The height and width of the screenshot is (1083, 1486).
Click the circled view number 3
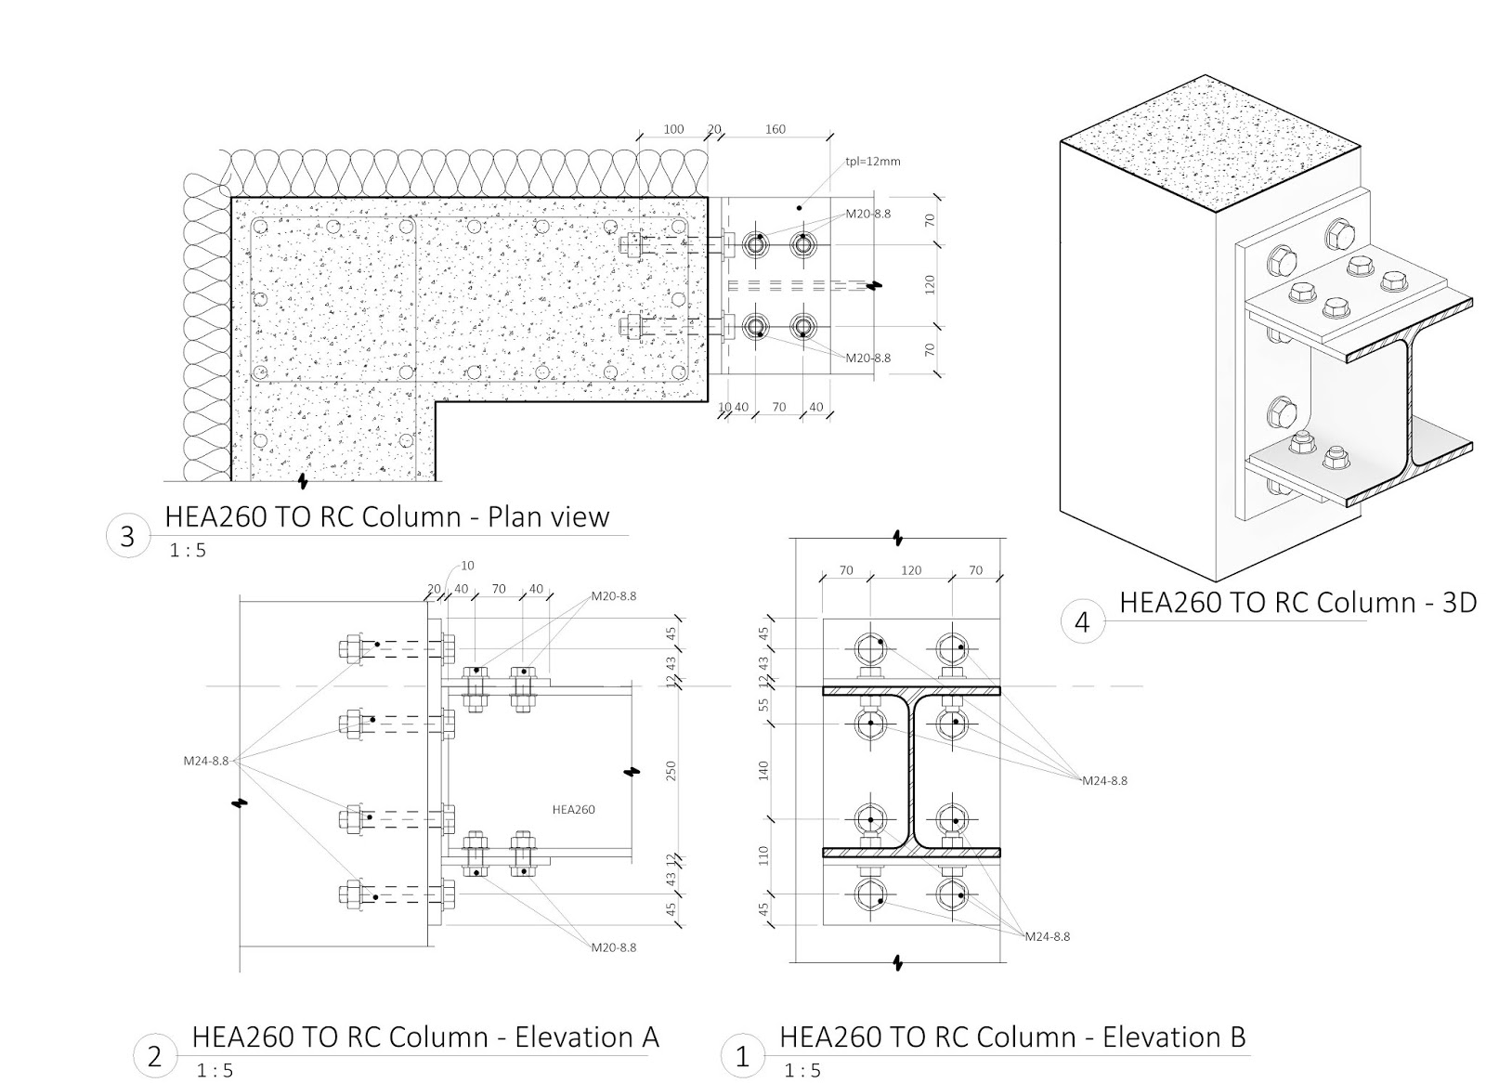(x=128, y=537)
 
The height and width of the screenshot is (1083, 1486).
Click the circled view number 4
(x=1082, y=621)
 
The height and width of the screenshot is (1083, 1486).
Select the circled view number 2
(x=155, y=1056)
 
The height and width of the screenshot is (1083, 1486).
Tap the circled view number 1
(x=742, y=1056)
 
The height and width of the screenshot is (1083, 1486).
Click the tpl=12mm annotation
(x=872, y=162)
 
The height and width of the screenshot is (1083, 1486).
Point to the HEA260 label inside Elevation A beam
(x=573, y=810)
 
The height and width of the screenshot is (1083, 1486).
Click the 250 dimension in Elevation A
(x=671, y=771)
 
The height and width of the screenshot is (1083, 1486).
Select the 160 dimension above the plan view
(x=776, y=130)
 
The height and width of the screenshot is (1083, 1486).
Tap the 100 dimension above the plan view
(x=673, y=130)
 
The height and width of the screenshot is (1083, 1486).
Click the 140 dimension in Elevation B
(x=764, y=770)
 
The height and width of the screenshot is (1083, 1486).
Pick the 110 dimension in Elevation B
(x=764, y=855)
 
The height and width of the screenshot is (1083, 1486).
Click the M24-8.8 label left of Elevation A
(x=205, y=761)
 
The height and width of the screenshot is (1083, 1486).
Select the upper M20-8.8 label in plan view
(x=867, y=214)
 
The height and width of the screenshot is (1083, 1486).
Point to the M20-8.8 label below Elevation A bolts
(x=614, y=947)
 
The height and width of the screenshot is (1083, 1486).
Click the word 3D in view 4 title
(x=1455, y=603)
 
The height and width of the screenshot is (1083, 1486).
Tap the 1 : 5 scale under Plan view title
(x=188, y=551)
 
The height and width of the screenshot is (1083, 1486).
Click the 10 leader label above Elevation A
(x=467, y=566)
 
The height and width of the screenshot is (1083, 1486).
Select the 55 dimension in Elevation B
(x=764, y=705)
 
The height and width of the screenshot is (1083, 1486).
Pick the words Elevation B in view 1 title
(x=1174, y=1037)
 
